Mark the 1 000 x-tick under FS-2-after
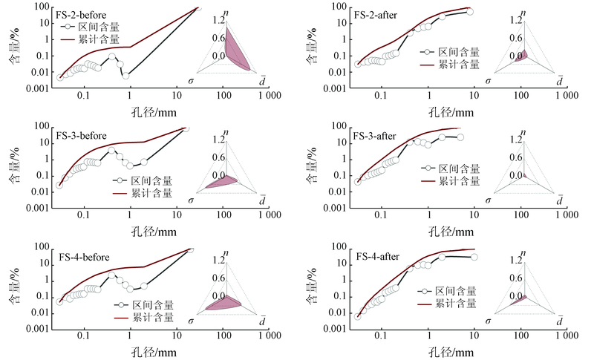pyautogui.click(x=566, y=96)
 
